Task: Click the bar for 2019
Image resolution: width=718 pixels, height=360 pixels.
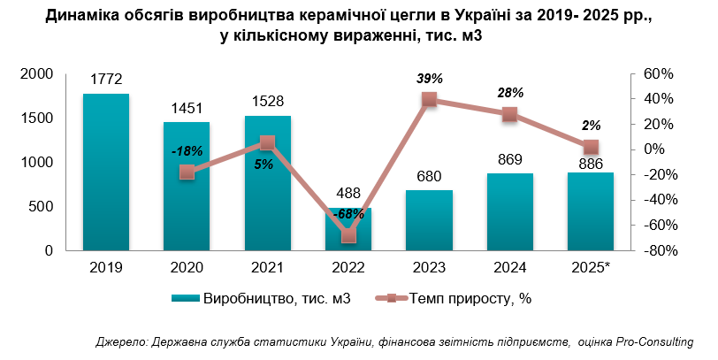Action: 106,172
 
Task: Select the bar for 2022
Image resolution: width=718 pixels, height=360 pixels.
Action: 348,229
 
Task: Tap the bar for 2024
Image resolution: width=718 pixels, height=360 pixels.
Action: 510,212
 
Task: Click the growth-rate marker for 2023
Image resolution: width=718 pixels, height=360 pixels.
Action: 430,100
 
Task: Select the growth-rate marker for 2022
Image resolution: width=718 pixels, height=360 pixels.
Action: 348,235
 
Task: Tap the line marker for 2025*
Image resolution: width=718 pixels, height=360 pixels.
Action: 591,147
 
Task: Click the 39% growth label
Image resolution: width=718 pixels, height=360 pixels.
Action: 430,79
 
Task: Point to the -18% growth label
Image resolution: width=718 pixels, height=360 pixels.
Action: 187,151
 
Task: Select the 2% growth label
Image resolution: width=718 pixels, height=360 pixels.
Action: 592,126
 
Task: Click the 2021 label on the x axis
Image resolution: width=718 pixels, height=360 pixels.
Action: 267,265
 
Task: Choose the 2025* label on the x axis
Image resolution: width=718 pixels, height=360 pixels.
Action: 591,265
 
